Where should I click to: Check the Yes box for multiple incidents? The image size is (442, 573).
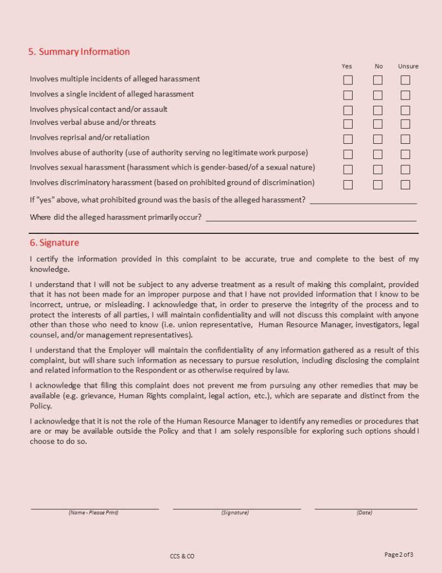tap(348, 80)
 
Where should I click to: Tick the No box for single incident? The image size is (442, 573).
tap(378, 95)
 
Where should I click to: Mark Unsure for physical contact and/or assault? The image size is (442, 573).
tap(405, 110)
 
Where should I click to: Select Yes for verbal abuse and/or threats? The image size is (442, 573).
tap(348, 124)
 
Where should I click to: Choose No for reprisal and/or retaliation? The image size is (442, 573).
tap(378, 139)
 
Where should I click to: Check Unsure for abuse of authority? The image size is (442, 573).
tap(405, 154)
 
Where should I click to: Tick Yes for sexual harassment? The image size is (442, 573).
tap(348, 169)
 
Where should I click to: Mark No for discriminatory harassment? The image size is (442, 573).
tap(378, 184)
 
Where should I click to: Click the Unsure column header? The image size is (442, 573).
tap(408, 66)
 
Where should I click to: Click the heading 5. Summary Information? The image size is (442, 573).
tap(79, 51)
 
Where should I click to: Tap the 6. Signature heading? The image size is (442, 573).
tap(54, 243)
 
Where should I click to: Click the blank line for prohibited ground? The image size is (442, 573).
tap(363, 201)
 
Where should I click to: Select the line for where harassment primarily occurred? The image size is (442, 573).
tap(311, 219)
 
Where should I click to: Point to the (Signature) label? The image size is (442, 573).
tap(235, 513)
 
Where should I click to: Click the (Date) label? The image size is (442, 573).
tap(364, 513)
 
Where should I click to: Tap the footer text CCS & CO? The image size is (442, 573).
tap(182, 556)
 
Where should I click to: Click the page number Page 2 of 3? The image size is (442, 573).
tap(399, 555)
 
